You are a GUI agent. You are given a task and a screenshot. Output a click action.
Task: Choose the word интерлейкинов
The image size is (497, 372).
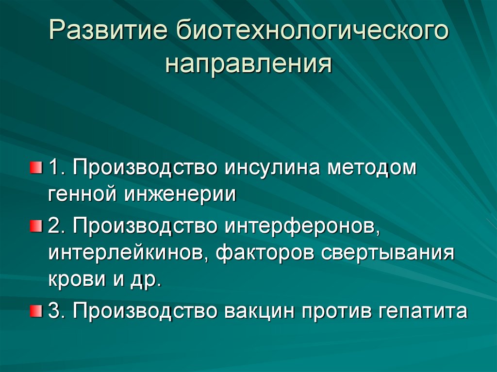click(129, 253)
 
